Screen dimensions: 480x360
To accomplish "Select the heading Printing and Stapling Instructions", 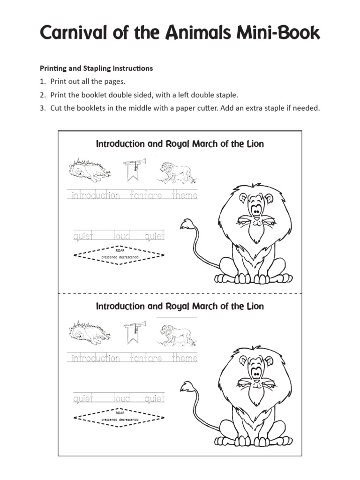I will tap(96, 68).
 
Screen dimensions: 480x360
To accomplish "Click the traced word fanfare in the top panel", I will tap(146, 195).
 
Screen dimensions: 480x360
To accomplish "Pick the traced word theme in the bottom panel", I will tap(185, 358).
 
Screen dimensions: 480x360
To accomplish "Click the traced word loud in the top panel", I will tap(122, 236).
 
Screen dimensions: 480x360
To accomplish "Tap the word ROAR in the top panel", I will tap(120, 250).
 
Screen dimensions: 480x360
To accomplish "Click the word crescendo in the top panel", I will tap(108, 258).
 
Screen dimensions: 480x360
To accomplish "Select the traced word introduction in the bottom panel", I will tap(96, 358).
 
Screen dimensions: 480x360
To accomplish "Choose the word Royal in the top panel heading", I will tap(178, 144).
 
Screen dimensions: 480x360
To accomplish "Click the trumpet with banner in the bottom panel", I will tap(135, 330).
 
